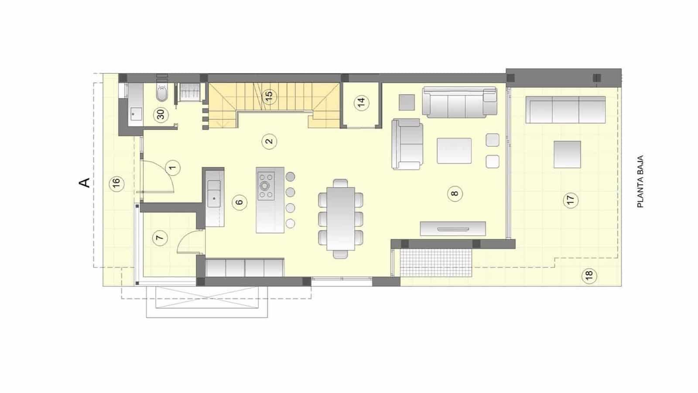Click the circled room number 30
point(161,115)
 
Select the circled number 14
point(361,103)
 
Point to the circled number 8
point(455,193)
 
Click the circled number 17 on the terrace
point(570,200)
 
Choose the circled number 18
point(589,275)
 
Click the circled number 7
point(160,238)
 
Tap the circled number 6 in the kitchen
point(239,202)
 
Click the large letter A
point(86,182)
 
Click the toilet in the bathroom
point(161,94)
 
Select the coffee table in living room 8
point(454,151)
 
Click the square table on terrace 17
point(567,154)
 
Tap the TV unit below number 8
point(453,228)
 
